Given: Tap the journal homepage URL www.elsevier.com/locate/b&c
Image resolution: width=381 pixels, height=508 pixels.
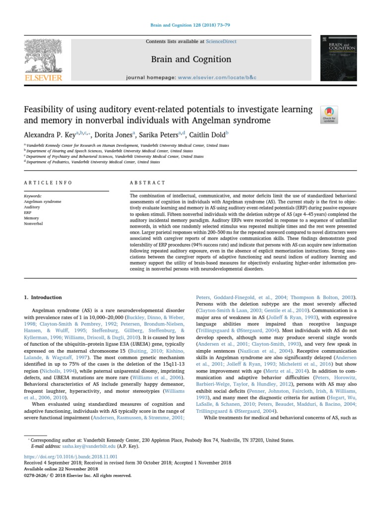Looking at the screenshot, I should [219, 78].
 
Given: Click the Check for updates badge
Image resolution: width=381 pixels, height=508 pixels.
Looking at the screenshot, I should [330, 114].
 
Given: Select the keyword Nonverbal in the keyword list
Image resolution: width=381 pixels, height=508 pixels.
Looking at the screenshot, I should [34, 224].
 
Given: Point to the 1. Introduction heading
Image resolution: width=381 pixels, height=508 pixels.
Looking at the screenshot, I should [43, 297].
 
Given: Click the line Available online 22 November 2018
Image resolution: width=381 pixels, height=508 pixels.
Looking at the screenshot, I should [62, 468].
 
